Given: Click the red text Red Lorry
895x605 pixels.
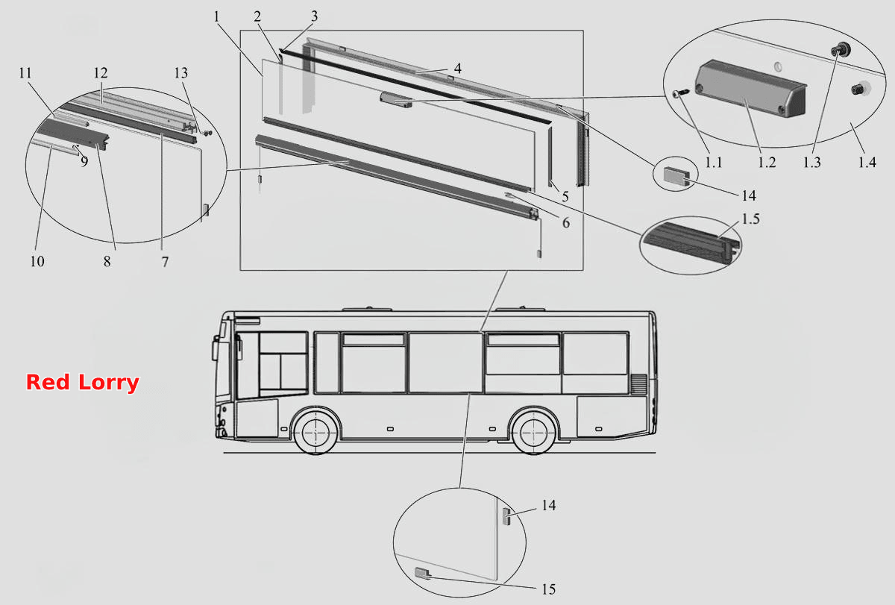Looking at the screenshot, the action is click(82, 383).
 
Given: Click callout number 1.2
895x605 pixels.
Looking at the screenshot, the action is click(767, 162).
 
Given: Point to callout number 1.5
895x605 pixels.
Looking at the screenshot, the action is click(750, 219).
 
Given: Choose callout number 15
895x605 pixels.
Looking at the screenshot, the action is click(549, 589).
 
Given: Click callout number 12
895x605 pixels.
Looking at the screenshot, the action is click(101, 73).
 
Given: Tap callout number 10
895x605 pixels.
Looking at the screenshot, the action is click(37, 261).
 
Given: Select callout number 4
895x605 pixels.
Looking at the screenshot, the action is click(458, 69).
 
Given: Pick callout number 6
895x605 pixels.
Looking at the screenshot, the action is click(566, 222).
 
